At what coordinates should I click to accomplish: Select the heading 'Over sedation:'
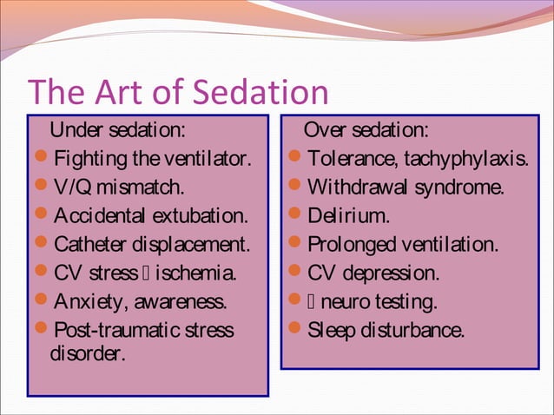coord(365,131)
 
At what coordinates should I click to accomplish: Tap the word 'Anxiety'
coord(87,302)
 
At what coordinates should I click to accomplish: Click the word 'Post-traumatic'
coord(117,331)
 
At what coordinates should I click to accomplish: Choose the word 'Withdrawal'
coord(357,188)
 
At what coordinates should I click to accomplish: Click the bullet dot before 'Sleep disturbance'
coord(295,330)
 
